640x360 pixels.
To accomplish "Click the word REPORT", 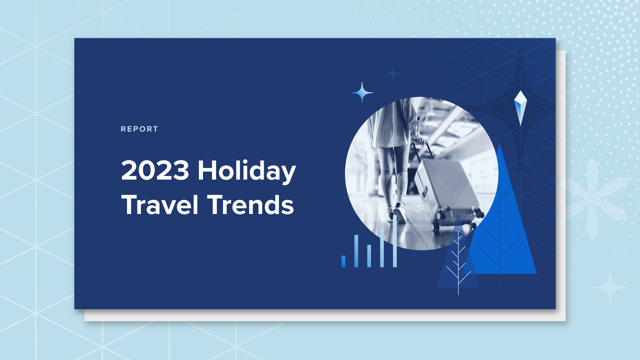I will pos(139,129).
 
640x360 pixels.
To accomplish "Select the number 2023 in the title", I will pos(155,170).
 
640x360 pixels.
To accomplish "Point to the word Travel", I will pos(160,205).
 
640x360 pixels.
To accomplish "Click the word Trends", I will pos(251,205).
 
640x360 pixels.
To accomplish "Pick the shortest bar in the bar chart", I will pos(343,261).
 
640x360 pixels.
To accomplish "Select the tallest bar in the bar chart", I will pos(395,242).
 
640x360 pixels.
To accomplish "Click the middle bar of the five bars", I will pos(369,256).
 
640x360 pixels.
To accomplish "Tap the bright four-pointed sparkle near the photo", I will pos(362,93).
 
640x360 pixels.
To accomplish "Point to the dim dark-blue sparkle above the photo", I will pos(393,74).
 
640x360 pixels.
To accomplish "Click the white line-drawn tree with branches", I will pos(458,263).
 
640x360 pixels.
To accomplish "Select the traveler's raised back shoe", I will pos(399,213).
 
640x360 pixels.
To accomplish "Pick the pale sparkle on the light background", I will pos(610,287).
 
